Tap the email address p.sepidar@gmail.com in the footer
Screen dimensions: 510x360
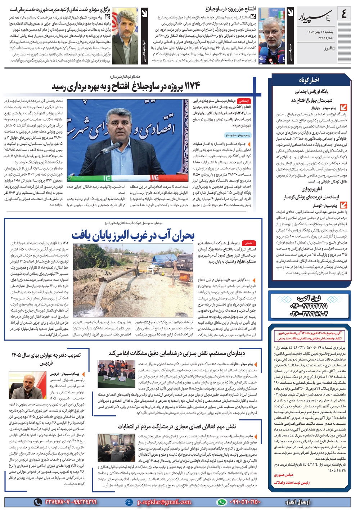164,502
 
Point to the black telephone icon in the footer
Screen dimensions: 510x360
37,502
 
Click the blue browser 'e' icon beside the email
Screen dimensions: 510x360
129,502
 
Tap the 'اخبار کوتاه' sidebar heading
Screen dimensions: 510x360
309,80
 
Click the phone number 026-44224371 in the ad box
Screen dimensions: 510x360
309,306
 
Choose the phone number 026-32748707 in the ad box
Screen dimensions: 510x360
309,314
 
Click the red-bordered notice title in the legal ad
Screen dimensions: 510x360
309,336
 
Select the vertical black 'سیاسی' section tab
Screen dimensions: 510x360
290,36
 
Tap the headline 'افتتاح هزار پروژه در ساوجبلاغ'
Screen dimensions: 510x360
231,9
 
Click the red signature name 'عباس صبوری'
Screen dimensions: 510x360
284,475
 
